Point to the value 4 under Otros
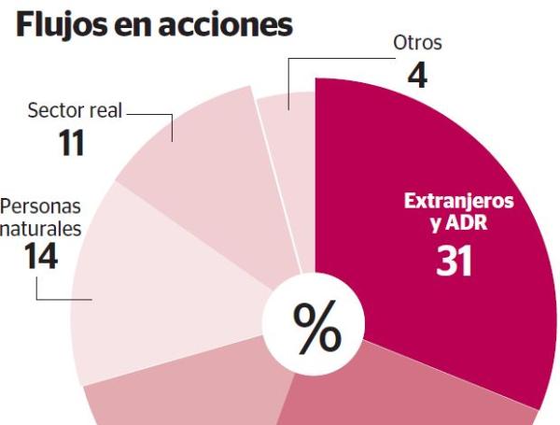(x=416, y=74)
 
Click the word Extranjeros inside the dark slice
(x=458, y=202)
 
